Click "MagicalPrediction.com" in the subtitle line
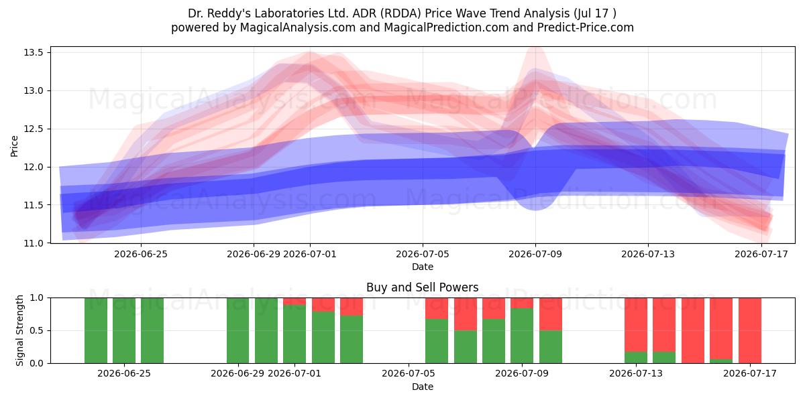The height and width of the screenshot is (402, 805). (446, 27)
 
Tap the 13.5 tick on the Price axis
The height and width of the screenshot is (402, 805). (34, 53)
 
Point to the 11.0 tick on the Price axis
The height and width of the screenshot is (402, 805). (34, 243)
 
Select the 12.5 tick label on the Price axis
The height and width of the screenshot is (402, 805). (34, 129)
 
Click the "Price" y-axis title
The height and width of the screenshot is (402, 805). (14, 146)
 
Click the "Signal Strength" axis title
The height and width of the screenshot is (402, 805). (19, 330)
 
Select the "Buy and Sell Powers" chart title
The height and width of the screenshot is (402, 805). (422, 287)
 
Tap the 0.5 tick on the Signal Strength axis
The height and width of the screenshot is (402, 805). (36, 330)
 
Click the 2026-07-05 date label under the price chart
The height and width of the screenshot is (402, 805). (422, 254)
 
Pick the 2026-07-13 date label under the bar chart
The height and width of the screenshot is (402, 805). (636, 373)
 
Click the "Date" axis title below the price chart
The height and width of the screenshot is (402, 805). (422, 267)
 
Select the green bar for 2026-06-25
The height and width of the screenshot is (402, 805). (124, 330)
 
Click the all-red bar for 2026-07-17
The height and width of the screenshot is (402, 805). (750, 330)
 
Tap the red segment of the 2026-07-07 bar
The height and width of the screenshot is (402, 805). (465, 314)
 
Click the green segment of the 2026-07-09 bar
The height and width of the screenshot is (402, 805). (522, 336)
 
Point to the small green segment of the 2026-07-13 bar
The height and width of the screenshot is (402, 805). (636, 358)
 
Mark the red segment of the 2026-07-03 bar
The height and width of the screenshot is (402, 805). (352, 307)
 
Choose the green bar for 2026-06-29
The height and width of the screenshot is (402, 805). (237, 330)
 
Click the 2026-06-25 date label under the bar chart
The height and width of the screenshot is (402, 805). (124, 373)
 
